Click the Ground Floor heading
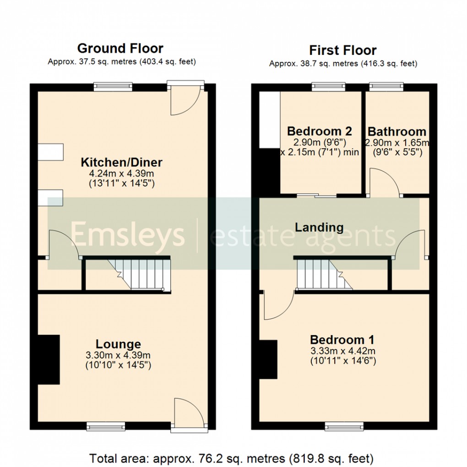coord(120,48)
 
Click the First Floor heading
coord(343,50)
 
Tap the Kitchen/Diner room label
coord(122,162)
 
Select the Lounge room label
coord(118,344)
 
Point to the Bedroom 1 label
coord(342,340)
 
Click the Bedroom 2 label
coord(320,131)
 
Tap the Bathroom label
coord(397,132)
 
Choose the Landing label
coord(319,227)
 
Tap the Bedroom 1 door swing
coord(277,306)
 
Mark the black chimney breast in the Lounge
coord(49,359)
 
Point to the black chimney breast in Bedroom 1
coord(269,359)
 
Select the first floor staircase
coord(322,273)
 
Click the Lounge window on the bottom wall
coord(106,427)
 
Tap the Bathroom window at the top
coord(386,86)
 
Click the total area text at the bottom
coord(231,458)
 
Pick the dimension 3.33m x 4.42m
coord(342,351)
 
